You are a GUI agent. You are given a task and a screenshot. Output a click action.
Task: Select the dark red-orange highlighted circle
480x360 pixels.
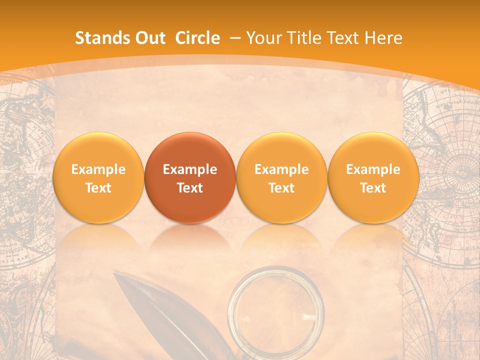[x=190, y=177]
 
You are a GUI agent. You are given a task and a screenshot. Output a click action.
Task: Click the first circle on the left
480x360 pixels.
[x=98, y=177]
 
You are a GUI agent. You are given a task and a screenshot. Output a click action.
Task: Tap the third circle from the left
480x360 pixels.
[x=281, y=177]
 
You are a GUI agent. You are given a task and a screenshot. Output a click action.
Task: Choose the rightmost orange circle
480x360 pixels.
[x=373, y=177]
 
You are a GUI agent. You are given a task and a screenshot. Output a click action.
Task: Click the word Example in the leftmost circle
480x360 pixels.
[x=98, y=169]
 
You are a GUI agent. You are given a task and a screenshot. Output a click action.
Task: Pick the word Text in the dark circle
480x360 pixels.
[x=190, y=188]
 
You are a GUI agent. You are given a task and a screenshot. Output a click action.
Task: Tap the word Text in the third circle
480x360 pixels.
[x=281, y=188]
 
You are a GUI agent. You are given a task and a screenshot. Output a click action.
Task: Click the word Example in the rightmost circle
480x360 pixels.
[x=373, y=169]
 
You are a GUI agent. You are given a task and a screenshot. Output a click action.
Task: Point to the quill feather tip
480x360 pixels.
[x=117, y=275]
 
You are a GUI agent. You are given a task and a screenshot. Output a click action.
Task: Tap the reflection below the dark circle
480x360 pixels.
[x=190, y=240]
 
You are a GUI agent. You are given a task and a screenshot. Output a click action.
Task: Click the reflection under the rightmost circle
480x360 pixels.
[x=373, y=240]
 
